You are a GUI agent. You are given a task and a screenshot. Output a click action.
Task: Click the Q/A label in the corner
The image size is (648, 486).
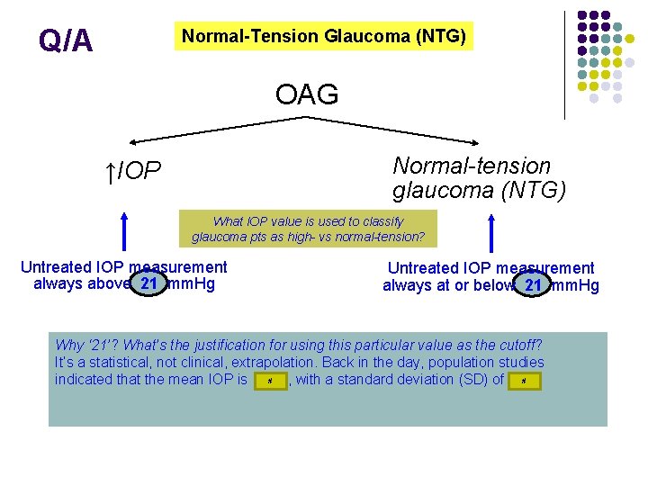coord(65,40)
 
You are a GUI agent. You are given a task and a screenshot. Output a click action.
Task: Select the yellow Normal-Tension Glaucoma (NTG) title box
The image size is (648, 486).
coord(323,37)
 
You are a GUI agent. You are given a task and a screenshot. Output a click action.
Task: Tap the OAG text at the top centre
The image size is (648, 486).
coord(307,94)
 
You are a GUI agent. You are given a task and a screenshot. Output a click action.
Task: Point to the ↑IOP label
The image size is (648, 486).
coord(132,171)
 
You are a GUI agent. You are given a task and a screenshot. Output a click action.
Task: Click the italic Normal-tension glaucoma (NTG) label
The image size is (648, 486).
coord(479,178)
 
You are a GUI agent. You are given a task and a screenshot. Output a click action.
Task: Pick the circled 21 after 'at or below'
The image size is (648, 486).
coord(534,286)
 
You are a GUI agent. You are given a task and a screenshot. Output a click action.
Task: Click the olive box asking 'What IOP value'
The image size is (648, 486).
coord(308,229)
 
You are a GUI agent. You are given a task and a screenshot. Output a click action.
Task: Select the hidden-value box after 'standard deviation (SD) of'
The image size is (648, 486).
coord(524,382)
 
